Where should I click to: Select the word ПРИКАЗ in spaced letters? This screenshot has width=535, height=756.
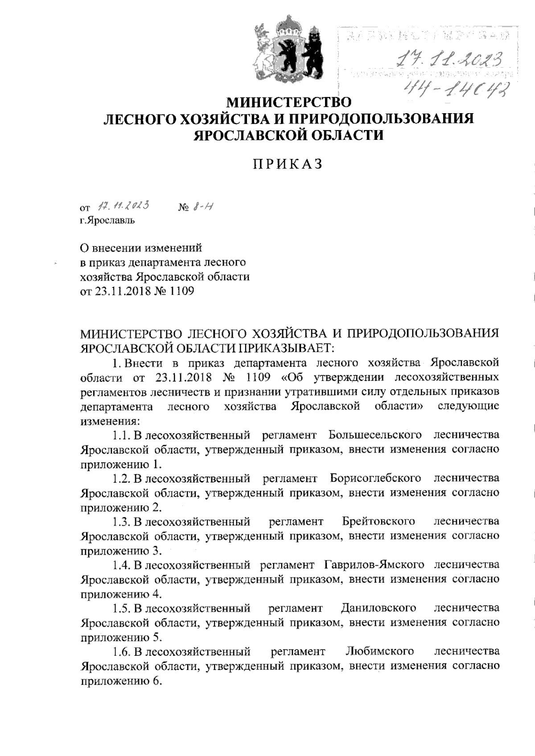point(288,164)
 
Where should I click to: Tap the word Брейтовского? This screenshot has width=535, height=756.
point(379,521)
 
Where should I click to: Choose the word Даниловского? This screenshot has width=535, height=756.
point(379,608)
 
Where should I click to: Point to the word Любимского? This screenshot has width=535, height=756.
point(379,651)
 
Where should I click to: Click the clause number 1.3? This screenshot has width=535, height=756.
point(121,521)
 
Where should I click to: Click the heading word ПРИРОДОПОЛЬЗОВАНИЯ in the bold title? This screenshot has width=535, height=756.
point(383,119)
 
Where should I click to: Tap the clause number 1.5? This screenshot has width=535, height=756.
point(121,608)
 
